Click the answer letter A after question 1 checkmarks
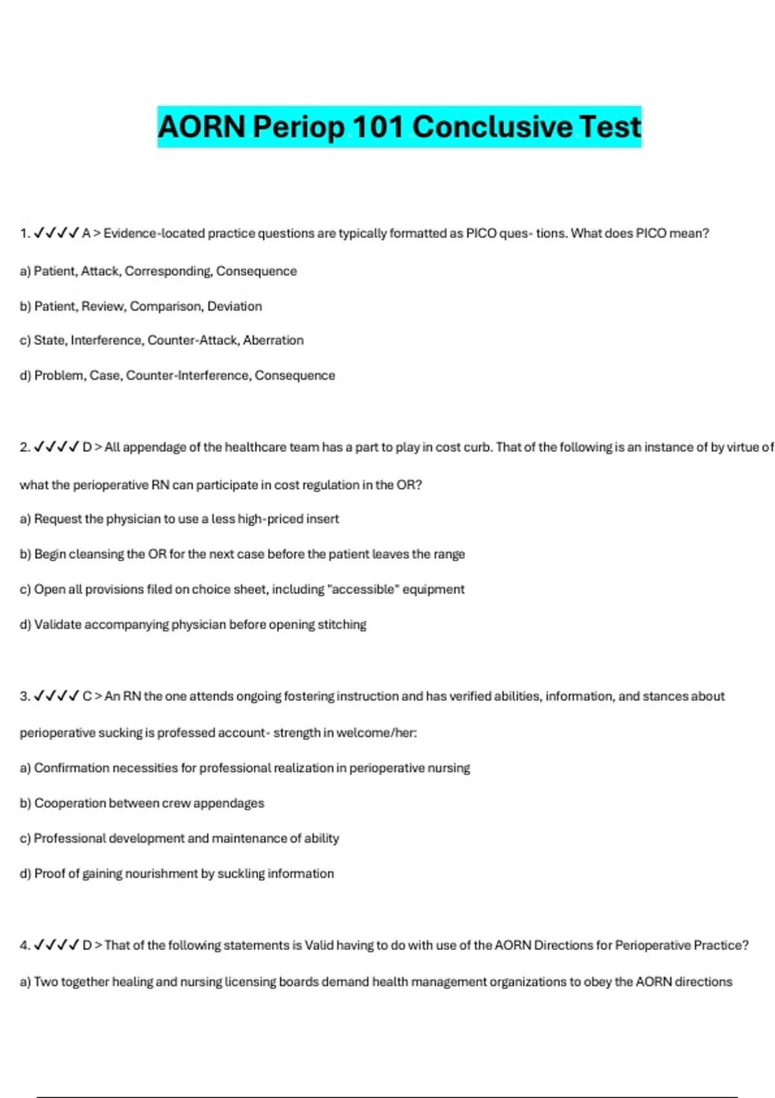87,233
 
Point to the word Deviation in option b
234,306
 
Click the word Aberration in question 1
273,340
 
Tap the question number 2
25,447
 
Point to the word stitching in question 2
342,625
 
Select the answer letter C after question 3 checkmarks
87,696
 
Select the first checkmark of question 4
39,945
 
